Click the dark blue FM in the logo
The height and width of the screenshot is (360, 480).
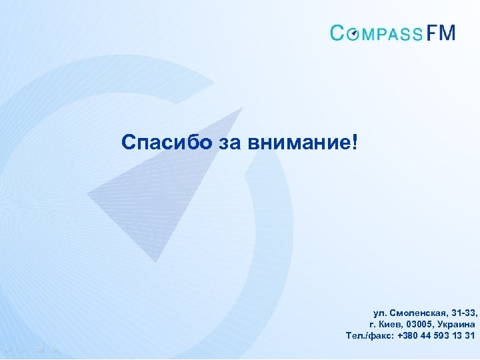[x=441, y=33]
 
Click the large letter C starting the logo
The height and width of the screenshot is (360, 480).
[x=338, y=33]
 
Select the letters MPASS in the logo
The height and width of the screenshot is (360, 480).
[x=393, y=33]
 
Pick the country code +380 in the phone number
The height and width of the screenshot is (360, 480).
[x=408, y=335]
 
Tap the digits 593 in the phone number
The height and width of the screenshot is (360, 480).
[x=442, y=335]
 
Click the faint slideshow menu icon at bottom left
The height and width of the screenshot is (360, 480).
[x=41, y=348]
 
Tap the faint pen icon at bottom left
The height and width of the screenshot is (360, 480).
[x=24, y=348]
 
